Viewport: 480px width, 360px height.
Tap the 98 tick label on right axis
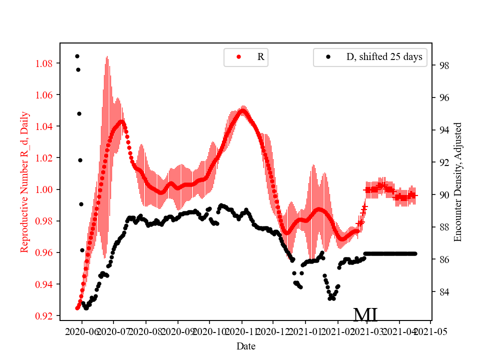tap(443, 65)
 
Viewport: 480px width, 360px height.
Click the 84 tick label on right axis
tap(443, 291)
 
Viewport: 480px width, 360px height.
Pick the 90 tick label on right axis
tap(443, 195)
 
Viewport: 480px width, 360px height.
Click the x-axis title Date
tap(246, 345)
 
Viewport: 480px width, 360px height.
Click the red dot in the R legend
tap(238, 57)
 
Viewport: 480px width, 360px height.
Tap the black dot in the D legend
tap(328, 57)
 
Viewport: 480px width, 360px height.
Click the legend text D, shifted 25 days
tap(384, 57)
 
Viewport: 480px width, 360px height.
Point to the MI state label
tap(365, 315)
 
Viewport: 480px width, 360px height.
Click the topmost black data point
tap(77, 56)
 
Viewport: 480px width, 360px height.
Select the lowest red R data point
tap(77, 308)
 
